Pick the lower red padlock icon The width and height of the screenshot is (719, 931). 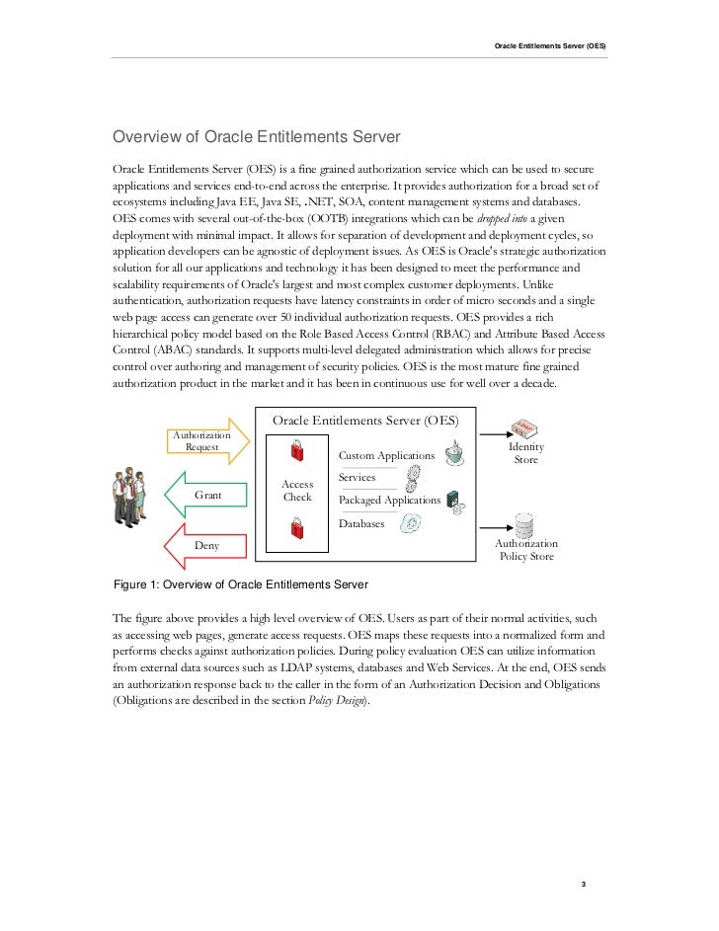(x=297, y=530)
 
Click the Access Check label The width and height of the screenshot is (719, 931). (x=297, y=491)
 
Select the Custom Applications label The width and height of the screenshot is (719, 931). (x=386, y=456)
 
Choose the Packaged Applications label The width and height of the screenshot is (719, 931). (x=389, y=501)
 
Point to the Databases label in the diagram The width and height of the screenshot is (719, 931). (x=361, y=523)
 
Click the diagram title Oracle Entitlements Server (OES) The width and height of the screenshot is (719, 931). (x=364, y=420)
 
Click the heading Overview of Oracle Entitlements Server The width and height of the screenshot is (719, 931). (x=255, y=135)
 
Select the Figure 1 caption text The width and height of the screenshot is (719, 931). (x=241, y=583)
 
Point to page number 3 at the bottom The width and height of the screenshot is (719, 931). (x=585, y=884)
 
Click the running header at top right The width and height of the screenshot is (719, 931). (x=550, y=47)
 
